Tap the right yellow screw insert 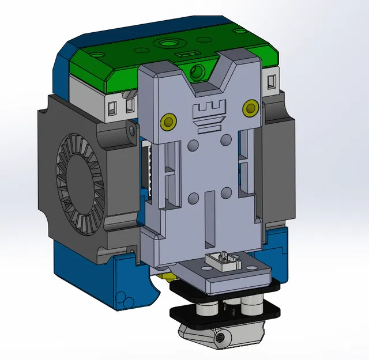pyautogui.click(x=250, y=108)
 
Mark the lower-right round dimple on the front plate pyautogui.click(x=225, y=192)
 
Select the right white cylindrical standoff pyautogui.click(x=251, y=306)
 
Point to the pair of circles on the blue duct pyautogui.click(x=122, y=299)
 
